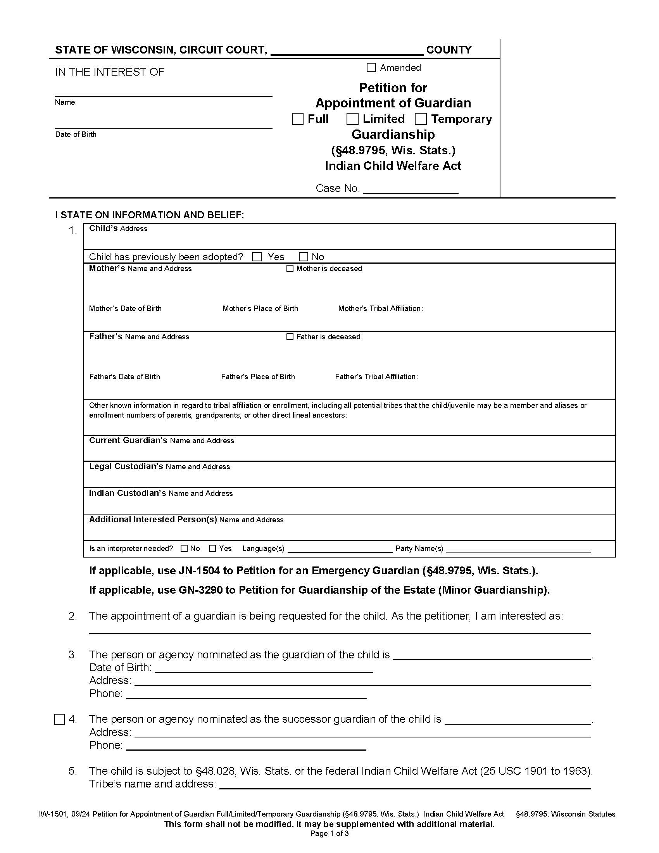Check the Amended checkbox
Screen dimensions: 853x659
coord(371,67)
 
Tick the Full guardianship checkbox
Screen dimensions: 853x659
coord(297,119)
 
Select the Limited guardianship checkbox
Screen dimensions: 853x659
coord(352,119)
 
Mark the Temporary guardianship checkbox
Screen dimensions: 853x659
coord(421,119)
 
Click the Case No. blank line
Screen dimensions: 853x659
coord(410,189)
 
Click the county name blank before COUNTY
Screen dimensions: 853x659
coord(347,51)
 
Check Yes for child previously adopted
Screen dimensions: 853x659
coord(257,257)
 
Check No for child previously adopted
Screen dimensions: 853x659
coord(304,257)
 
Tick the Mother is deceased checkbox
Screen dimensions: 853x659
coord(290,268)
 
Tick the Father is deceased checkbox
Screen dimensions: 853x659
coord(290,337)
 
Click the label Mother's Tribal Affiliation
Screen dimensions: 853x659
coord(380,309)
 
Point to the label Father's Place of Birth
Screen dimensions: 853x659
coord(258,377)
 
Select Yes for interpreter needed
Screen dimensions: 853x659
coord(212,548)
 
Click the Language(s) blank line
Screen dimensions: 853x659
coord(340,549)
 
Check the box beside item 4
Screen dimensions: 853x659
coord(59,719)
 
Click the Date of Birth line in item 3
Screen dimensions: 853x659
coord(264,668)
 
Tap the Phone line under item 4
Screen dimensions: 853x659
coord(246,746)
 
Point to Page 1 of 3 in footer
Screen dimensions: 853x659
coord(329,834)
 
